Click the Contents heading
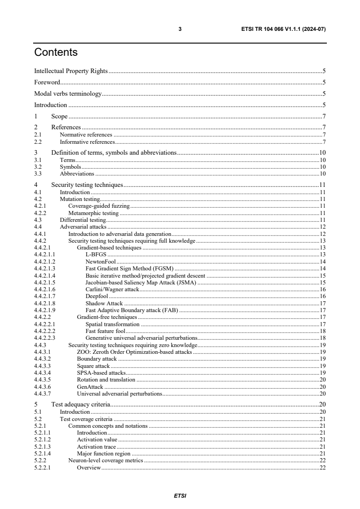tap(56, 52)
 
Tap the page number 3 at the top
tap(180, 29)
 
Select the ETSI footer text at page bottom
tap(180, 496)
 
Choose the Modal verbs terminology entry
tap(68, 94)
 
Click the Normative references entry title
tap(86, 135)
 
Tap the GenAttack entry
tap(90, 387)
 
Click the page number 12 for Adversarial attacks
tap(322, 227)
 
